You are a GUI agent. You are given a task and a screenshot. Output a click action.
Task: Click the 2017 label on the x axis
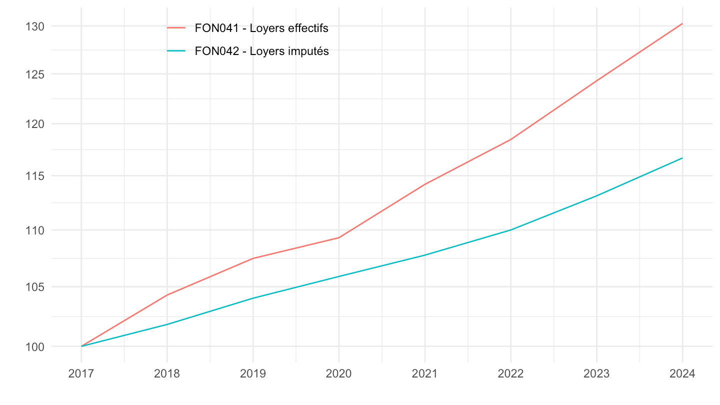[x=81, y=374]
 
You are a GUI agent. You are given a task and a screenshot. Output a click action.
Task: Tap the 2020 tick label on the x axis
[x=338, y=374]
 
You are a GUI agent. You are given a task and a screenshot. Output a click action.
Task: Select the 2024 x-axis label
[x=682, y=374]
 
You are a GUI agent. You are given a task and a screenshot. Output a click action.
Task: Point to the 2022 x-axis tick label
[x=510, y=374]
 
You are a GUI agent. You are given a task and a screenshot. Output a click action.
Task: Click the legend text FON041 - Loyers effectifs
[x=261, y=28]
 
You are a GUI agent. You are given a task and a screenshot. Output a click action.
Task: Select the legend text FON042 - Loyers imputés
[x=261, y=51]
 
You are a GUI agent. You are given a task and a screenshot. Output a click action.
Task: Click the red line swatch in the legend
[x=176, y=28]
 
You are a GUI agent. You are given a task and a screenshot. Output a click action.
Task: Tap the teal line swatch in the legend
[x=176, y=51]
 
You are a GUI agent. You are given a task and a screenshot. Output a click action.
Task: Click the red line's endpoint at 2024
[x=682, y=23]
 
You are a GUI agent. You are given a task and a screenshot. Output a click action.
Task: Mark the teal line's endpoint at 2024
[x=682, y=158]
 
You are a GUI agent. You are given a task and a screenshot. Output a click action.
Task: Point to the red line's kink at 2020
[x=338, y=237]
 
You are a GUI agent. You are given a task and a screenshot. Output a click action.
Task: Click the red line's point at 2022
[x=510, y=139]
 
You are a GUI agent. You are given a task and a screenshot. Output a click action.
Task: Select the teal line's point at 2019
[x=253, y=298]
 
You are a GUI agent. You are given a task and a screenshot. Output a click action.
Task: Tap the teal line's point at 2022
[x=510, y=230]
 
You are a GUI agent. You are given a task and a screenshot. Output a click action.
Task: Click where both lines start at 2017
[x=81, y=346]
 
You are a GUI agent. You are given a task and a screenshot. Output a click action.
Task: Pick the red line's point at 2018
[x=167, y=295]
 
